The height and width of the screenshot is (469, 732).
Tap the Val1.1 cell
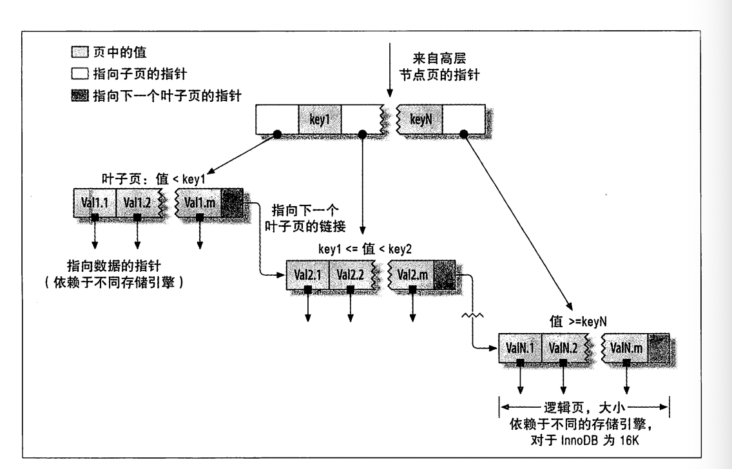tap(95, 203)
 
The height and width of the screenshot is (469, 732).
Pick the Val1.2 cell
tap(137, 203)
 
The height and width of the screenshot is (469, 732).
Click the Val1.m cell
tap(200, 203)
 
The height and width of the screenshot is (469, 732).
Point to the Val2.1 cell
tap(307, 275)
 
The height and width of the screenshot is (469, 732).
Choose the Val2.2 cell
tap(350, 275)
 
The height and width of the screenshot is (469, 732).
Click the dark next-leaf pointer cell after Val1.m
tap(233, 203)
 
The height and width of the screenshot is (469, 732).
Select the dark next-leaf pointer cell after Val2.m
tap(445, 275)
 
